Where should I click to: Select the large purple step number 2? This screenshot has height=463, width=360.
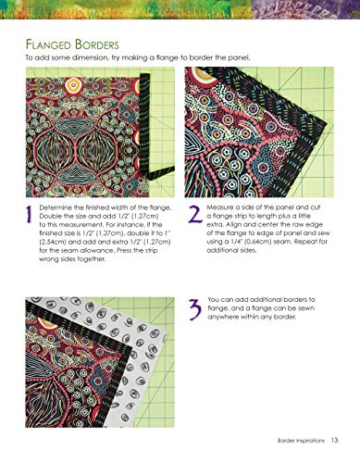coord(194,216)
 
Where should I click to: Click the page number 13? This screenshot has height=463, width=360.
coord(334,439)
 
